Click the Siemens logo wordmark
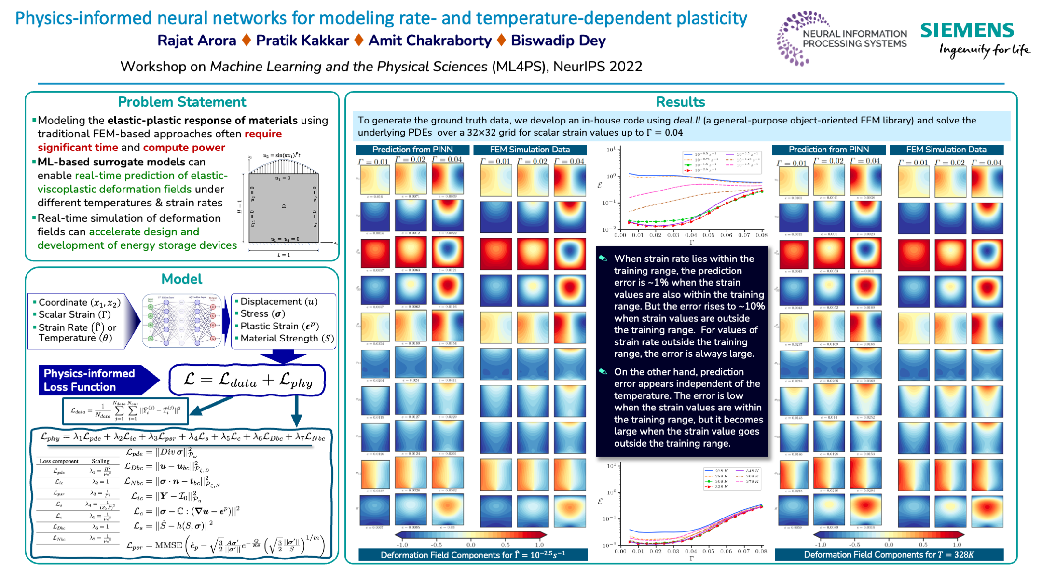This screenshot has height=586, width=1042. click(967, 30)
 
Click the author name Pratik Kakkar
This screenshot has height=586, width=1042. click(302, 41)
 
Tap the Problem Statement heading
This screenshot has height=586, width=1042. click(182, 102)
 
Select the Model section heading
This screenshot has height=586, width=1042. click(181, 279)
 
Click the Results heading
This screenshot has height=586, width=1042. click(680, 102)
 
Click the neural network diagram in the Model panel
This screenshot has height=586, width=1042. click(182, 320)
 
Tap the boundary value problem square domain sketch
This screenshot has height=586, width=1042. click(283, 207)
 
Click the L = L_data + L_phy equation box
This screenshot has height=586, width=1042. click(247, 380)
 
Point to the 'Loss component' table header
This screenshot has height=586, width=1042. click(59, 461)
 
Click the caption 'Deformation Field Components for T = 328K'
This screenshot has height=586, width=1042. click(889, 555)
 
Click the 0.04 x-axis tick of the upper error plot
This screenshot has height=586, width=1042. click(691, 235)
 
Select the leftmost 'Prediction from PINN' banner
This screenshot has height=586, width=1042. click(412, 150)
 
